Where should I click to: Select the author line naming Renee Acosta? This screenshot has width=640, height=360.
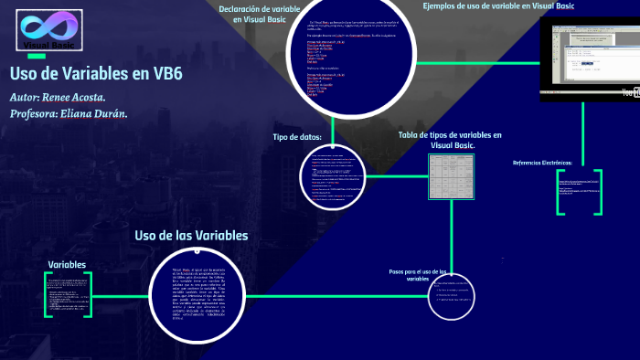[58, 97]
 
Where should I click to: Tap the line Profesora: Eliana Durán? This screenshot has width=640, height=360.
[69, 113]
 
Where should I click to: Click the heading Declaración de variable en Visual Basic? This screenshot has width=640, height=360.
[260, 14]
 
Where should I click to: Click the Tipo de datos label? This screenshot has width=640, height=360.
[297, 137]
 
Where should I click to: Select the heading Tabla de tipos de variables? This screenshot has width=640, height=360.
[450, 140]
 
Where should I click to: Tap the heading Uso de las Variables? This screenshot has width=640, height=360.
[191, 236]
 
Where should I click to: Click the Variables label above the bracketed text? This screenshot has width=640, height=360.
[67, 265]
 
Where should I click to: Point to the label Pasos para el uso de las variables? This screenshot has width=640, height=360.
[417, 275]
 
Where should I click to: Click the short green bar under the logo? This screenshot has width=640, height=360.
[36, 56]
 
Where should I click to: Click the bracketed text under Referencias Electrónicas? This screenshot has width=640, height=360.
[579, 192]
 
